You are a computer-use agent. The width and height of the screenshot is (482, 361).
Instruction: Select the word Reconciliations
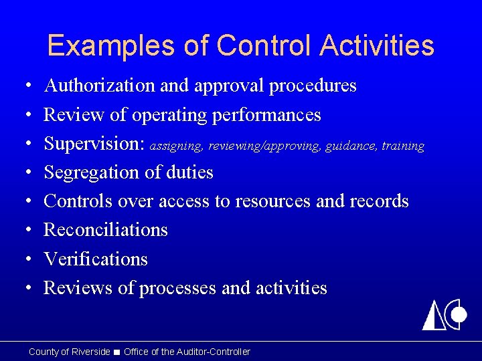106,230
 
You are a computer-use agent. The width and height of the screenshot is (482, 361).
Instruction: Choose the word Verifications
96,259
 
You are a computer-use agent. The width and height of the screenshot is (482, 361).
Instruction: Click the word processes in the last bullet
177,288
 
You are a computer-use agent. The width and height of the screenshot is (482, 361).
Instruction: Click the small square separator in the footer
117,352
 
